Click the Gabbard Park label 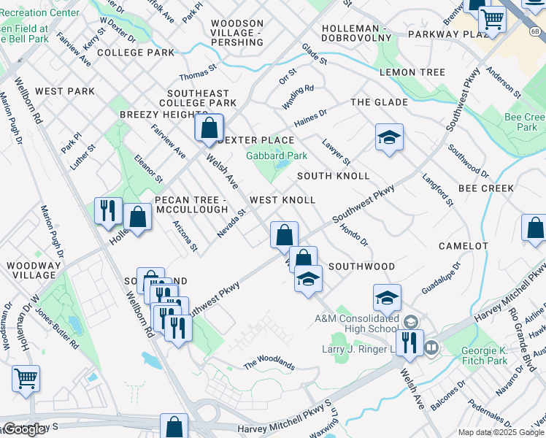[277, 155]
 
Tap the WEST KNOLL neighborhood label [282, 200]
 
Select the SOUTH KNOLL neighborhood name [334, 176]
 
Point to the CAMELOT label [464, 246]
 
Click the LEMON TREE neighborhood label [412, 72]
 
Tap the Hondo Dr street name [354, 234]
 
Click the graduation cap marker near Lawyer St [389, 137]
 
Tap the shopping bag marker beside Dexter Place [209, 128]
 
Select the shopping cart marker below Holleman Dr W [26, 379]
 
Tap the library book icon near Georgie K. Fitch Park [431, 348]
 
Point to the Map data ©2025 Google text [501, 432]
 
